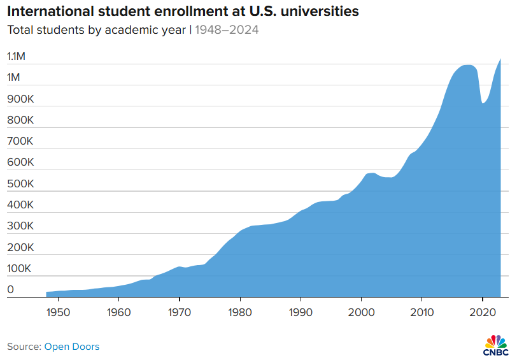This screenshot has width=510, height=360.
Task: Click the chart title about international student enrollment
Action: pos(182,11)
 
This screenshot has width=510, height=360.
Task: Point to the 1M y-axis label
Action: pos(14,78)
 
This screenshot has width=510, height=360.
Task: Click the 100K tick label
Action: pos(19,269)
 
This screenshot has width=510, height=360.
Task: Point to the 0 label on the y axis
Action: pos(10,290)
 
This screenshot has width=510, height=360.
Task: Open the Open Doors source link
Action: pos(71,347)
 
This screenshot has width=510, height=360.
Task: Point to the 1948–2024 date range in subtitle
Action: pos(227,29)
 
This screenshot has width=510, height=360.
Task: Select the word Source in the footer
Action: pos(23,347)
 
